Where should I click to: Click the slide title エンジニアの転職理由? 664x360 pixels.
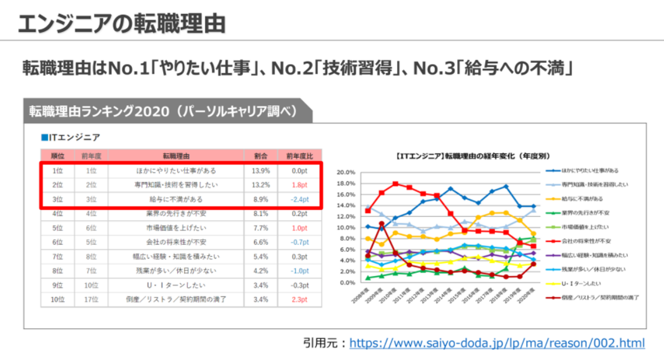click(x=122, y=24)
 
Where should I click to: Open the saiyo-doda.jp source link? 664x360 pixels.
click(x=497, y=343)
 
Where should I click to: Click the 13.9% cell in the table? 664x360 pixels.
click(x=261, y=171)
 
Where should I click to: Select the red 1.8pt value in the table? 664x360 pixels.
click(x=299, y=185)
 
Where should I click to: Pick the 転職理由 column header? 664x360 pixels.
click(x=176, y=156)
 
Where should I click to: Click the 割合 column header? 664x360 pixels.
click(x=261, y=156)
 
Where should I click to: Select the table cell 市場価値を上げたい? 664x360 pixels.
click(x=176, y=228)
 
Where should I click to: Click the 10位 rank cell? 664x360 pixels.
click(x=57, y=300)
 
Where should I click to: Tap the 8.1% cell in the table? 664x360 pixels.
click(x=261, y=214)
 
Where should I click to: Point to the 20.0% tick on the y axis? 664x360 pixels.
click(x=346, y=172)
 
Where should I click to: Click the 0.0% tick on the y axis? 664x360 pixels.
click(x=347, y=283)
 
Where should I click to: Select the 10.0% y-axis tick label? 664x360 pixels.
click(x=346, y=228)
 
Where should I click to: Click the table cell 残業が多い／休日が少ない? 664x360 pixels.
click(x=176, y=271)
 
